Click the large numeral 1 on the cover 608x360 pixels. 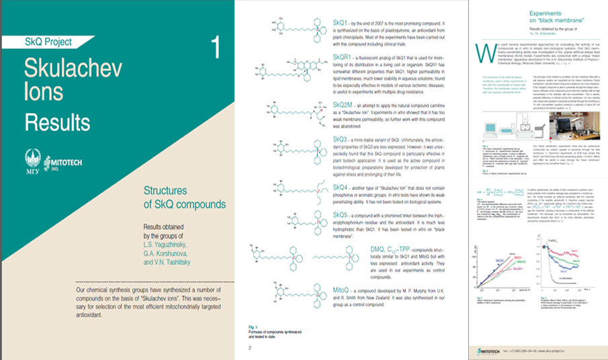[215, 48]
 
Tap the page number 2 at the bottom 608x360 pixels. [249, 348]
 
